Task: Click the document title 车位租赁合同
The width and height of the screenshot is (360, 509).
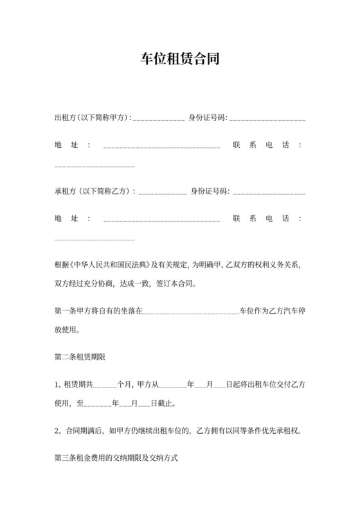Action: click(180, 60)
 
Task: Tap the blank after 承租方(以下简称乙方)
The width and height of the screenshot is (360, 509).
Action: click(163, 192)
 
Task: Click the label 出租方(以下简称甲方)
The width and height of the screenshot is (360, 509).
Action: click(93, 118)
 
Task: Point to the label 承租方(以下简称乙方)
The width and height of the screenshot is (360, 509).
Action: click(95, 191)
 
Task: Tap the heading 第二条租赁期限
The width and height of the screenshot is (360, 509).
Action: click(78, 356)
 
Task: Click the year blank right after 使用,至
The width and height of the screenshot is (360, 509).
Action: click(98, 406)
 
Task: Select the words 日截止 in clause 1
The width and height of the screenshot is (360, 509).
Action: click(161, 404)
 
